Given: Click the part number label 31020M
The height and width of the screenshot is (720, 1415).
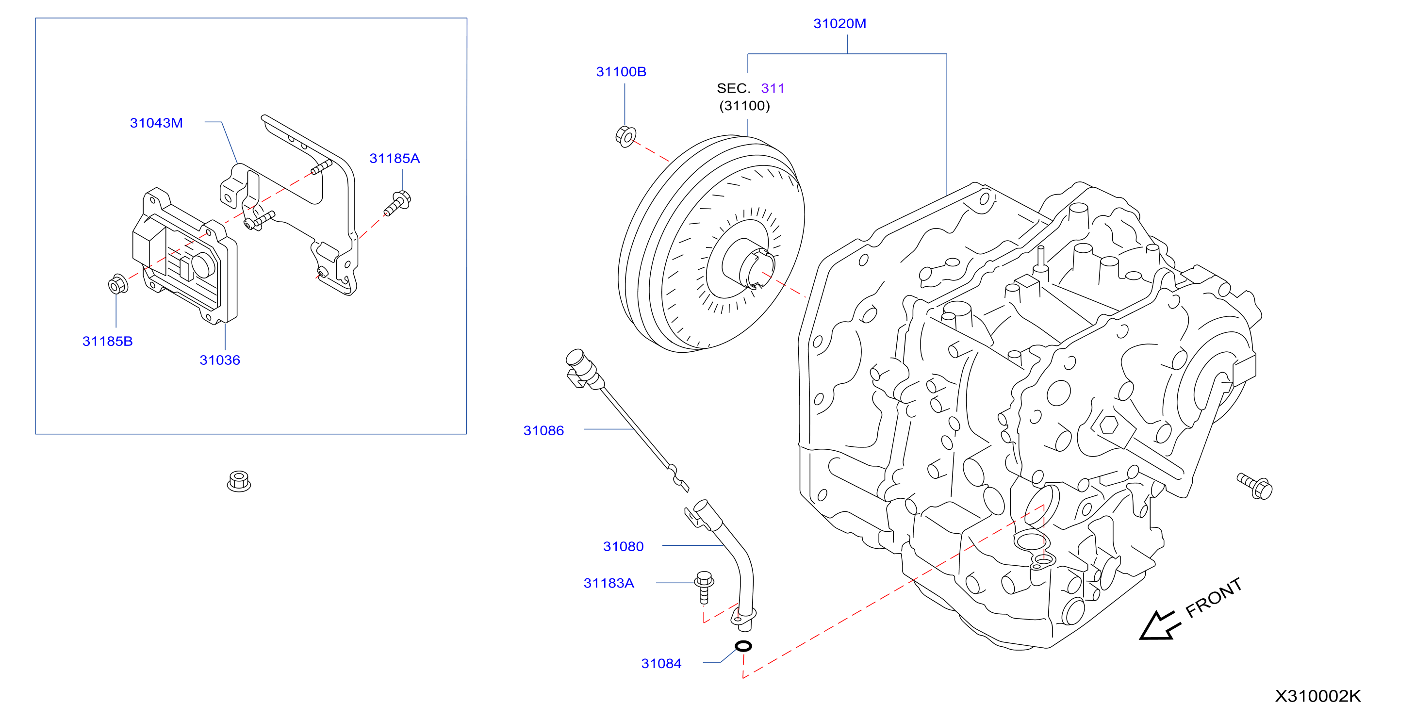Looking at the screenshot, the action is (x=839, y=24).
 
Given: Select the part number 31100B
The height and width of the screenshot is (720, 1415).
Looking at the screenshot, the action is (x=621, y=72).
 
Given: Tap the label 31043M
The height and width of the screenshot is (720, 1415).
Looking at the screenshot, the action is (x=156, y=123).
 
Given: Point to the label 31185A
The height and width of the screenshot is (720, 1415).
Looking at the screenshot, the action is (x=395, y=159).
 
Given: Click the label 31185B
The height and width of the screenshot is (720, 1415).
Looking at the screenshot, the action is (x=108, y=342).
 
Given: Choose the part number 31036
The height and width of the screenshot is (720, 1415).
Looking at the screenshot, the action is (x=220, y=360).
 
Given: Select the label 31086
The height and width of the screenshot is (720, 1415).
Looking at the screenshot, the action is (x=543, y=430).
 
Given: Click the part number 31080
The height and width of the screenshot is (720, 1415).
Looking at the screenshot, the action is (x=623, y=546).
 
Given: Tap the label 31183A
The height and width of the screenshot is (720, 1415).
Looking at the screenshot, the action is (x=609, y=583).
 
